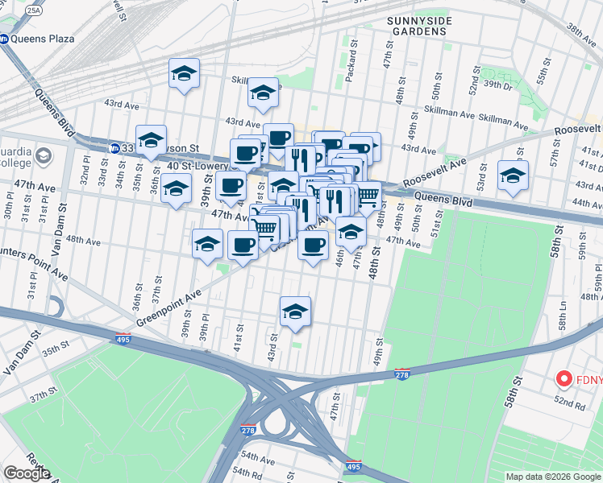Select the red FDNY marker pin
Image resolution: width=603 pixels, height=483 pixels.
(x=564, y=378)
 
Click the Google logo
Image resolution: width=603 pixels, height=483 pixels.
(x=27, y=473)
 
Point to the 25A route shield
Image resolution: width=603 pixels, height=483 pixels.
(x=33, y=10)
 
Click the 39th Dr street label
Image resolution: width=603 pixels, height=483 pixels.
(x=498, y=85)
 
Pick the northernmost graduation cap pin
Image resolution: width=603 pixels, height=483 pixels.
(x=184, y=74)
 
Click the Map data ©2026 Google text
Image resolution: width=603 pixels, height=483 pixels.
(x=552, y=477)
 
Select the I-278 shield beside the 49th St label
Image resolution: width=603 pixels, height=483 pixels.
(x=402, y=374)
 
